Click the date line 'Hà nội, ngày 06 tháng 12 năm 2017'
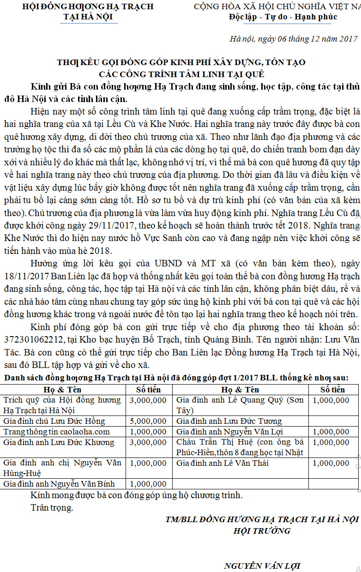(x=294, y=39)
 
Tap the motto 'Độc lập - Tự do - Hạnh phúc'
(x=283, y=17)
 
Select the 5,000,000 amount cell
(x=148, y=421)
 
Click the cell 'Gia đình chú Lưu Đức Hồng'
(x=54, y=421)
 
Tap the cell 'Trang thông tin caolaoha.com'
(x=57, y=432)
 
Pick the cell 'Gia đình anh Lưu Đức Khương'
(x=59, y=442)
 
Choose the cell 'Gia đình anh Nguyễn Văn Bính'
(x=59, y=484)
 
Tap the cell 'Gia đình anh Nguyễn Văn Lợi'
(x=229, y=432)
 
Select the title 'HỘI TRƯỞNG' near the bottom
(x=262, y=530)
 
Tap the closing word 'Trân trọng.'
(x=52, y=508)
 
